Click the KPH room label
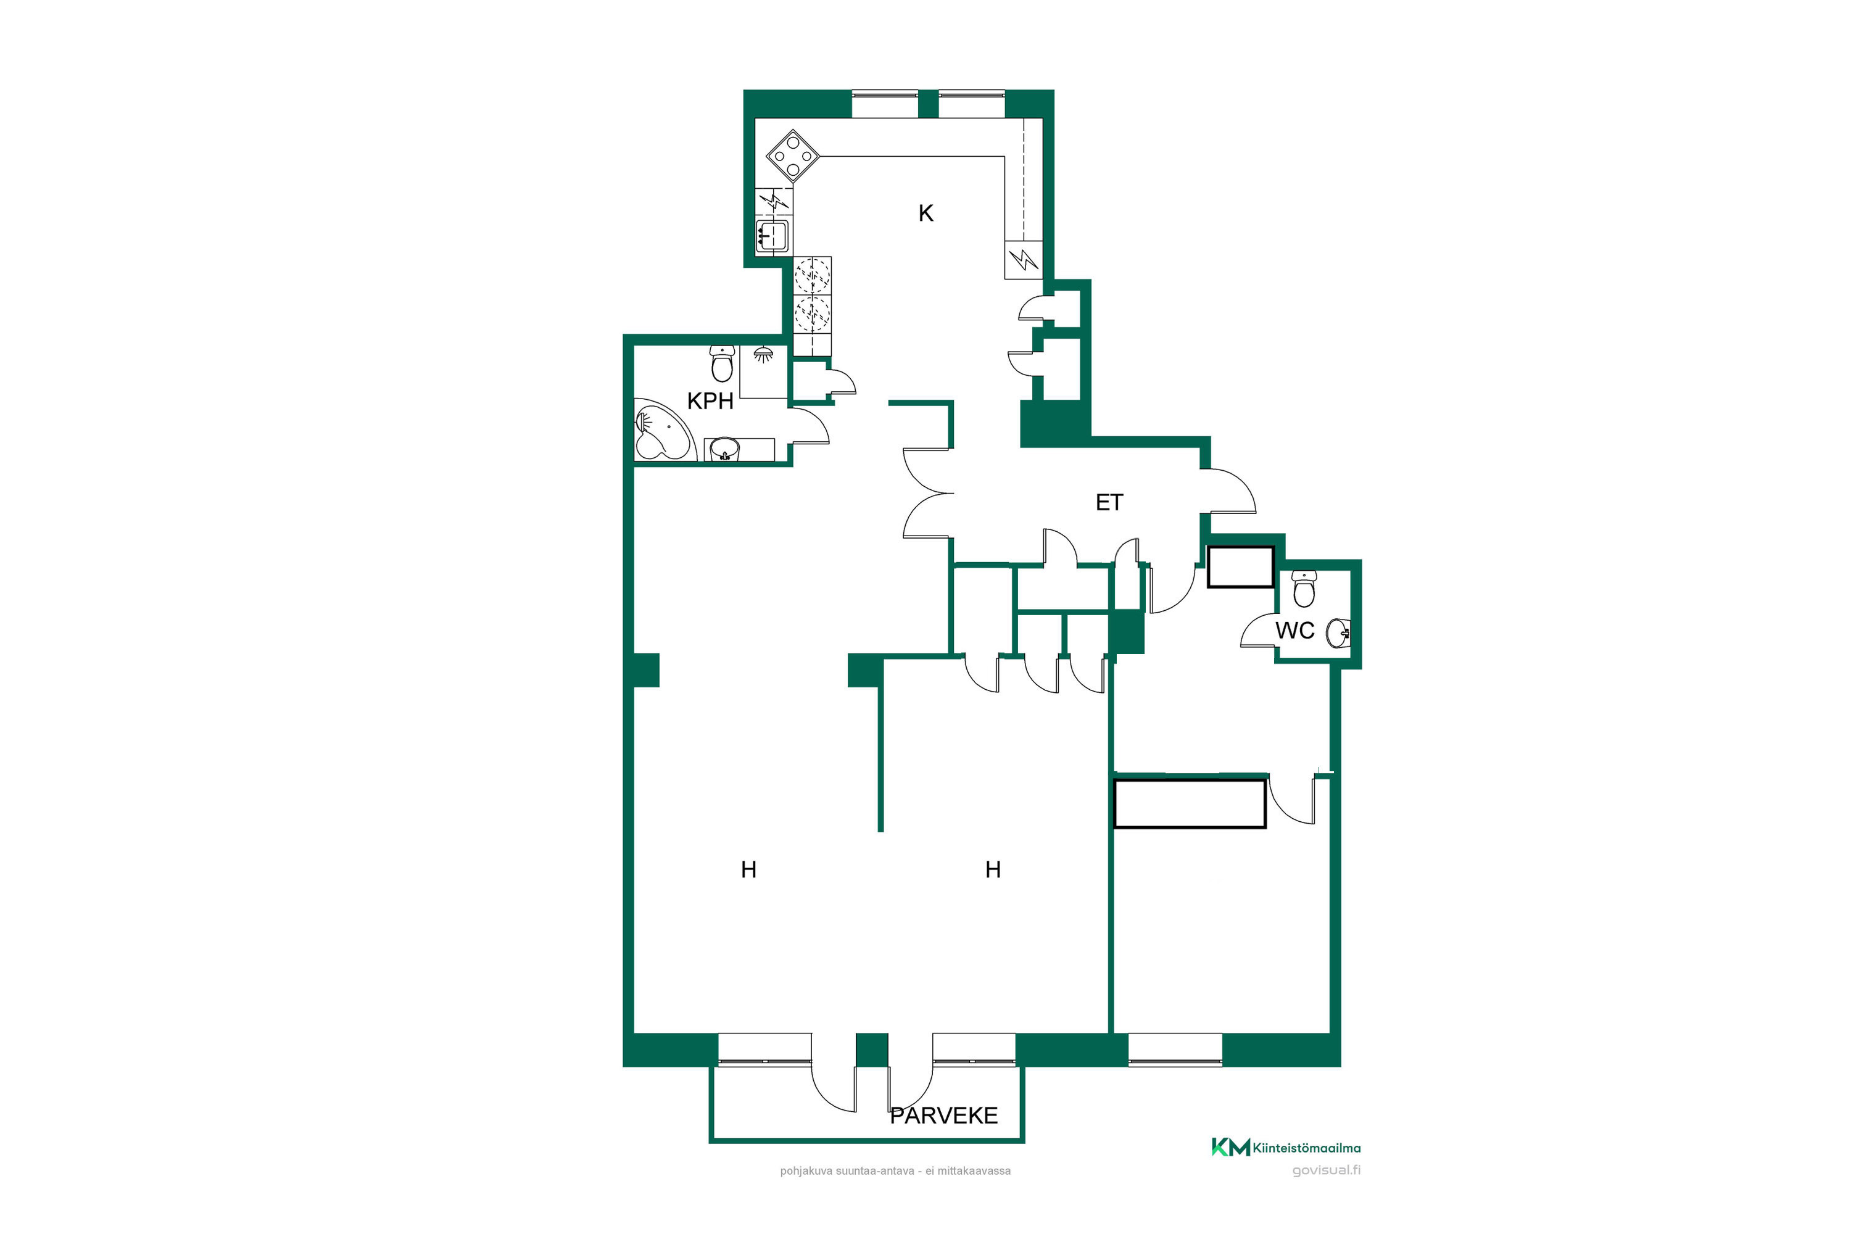point(710,402)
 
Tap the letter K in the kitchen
point(925,213)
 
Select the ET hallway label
point(1109,502)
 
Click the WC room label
point(1294,631)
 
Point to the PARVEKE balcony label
point(943,1115)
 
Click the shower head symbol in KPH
point(762,354)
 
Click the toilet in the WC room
point(1304,589)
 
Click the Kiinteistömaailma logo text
point(1306,1148)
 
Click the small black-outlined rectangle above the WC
point(1240,566)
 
